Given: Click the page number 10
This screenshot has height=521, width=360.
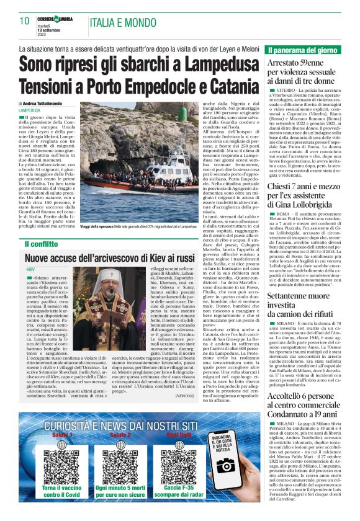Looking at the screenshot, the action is pyautogui.click(x=24, y=21).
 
